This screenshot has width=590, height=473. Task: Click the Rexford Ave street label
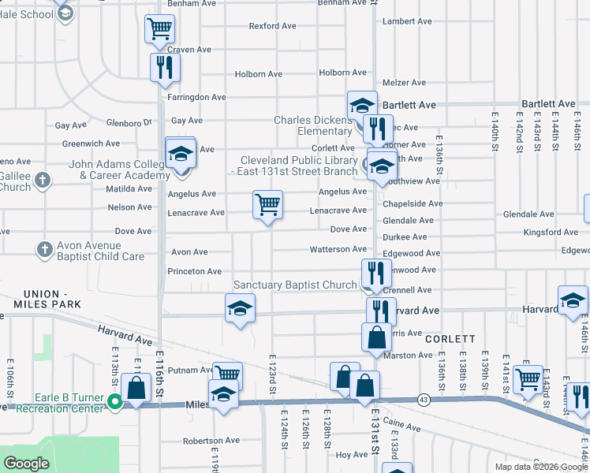tap(272, 26)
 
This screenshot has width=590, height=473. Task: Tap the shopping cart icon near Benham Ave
tap(159, 29)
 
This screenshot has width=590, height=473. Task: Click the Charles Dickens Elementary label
tap(313, 125)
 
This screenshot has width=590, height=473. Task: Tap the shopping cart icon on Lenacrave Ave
tap(267, 205)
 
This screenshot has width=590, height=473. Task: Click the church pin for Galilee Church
tap(43, 181)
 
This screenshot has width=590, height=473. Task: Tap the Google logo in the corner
tap(26, 464)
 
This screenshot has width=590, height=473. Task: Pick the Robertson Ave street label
tap(211, 441)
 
